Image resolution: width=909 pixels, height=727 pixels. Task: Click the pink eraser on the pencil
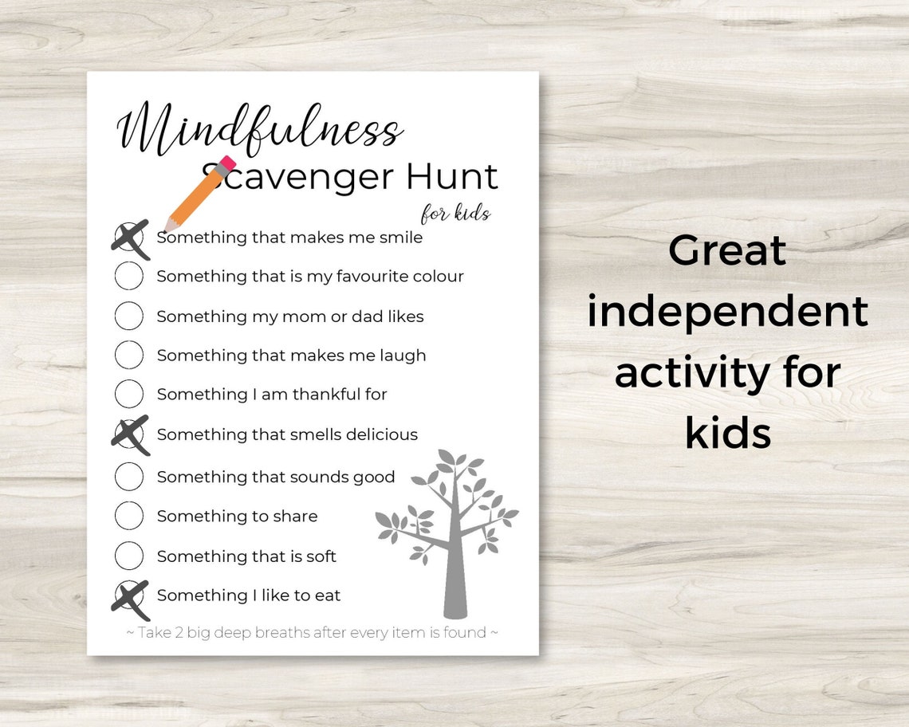[x=226, y=164]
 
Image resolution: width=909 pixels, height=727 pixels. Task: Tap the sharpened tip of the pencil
[x=168, y=227]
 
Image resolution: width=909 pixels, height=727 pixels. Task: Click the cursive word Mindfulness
[x=258, y=129]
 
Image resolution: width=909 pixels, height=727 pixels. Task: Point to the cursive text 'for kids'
[x=455, y=214]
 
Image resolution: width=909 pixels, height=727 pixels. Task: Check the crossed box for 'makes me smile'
[x=129, y=237]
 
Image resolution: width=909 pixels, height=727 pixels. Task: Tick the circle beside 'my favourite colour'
[x=129, y=276]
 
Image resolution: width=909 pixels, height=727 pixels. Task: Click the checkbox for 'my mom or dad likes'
[x=129, y=316]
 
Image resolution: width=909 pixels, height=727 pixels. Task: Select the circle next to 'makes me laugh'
[x=129, y=355]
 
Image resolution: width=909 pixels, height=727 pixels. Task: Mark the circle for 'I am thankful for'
[x=129, y=394]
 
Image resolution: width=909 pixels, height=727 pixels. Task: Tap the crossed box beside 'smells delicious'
[x=129, y=434]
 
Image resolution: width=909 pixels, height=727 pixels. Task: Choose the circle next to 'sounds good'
[x=129, y=476]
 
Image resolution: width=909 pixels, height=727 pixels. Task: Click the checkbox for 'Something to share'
[x=129, y=516]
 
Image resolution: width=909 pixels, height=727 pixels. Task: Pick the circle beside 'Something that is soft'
[x=129, y=556]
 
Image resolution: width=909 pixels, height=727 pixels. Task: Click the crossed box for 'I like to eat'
[x=129, y=595]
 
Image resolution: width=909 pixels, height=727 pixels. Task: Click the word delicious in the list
[x=378, y=434]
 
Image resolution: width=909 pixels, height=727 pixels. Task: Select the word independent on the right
[x=727, y=312]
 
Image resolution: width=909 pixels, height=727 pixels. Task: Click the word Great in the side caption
[x=727, y=251]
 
